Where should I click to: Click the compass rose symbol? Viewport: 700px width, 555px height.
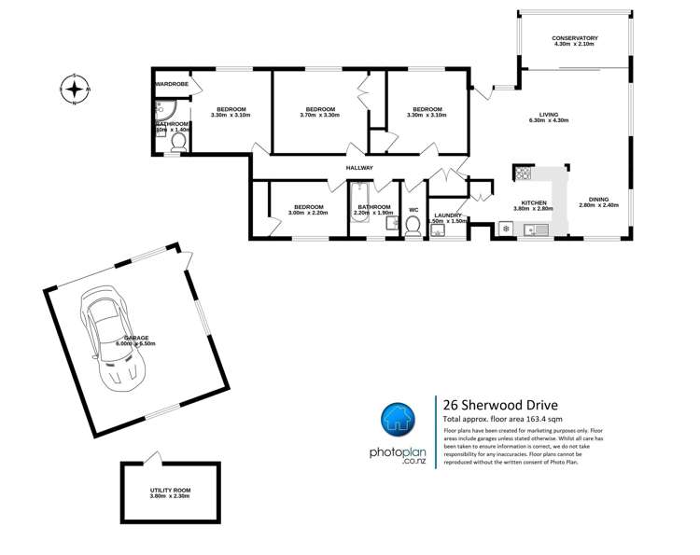pos(75,90)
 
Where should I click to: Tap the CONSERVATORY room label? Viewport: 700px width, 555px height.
pos(576,38)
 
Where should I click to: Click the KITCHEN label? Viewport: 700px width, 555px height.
pos(533,202)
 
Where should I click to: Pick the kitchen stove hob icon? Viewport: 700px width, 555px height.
pos(522,173)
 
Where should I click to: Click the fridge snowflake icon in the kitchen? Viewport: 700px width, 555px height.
pos(506,229)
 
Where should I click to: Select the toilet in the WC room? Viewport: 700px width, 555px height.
pos(413,227)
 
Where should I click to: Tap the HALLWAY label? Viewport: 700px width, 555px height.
pos(359,168)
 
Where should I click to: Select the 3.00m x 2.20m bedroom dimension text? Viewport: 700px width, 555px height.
pos(308,214)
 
